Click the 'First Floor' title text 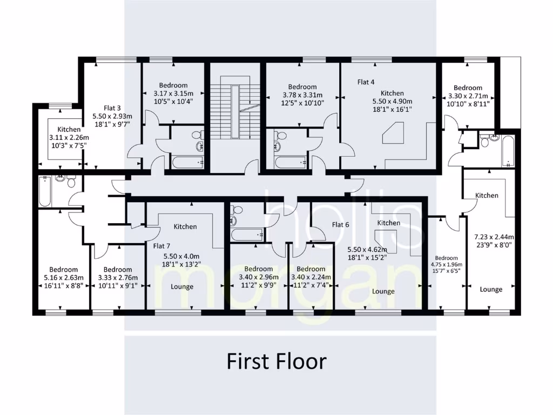coord(276,361)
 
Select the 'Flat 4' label coord(366,82)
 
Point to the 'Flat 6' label coord(340,225)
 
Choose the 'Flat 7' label coord(161,246)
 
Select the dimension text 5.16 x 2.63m coord(63,278)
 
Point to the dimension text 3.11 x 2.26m coord(69,138)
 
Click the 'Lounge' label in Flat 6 coord(383,291)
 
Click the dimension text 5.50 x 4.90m coord(392,101)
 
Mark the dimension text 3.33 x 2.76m coord(117,278)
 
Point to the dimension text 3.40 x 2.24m coord(311,278)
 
